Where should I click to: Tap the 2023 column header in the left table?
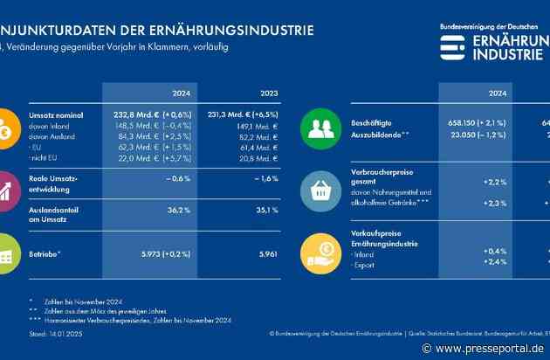pos(270,92)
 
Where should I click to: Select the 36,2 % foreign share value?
pos(179,210)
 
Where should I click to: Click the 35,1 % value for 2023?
pos(269,210)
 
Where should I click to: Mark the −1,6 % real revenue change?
pos(269,178)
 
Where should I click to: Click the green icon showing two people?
pos(321,126)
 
